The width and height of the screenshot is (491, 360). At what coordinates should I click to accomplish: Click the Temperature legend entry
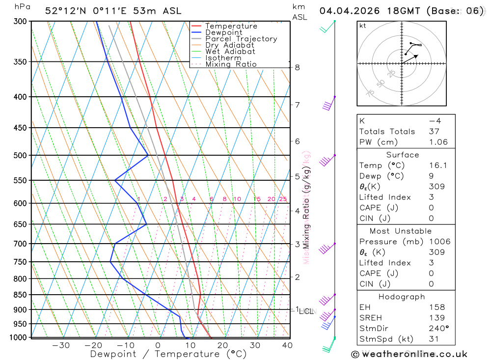pyautogui.click(x=231, y=26)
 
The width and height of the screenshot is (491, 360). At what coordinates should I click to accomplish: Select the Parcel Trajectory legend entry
pyautogui.click(x=241, y=39)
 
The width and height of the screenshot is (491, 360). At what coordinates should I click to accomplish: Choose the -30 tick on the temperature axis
pyautogui.click(x=60, y=345)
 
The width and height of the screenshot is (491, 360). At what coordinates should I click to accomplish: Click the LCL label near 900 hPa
pyautogui.click(x=306, y=311)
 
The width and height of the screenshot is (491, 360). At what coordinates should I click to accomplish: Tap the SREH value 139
pyautogui.click(x=436, y=318)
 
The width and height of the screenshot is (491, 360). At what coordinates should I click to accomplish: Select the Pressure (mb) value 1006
pyautogui.click(x=439, y=242)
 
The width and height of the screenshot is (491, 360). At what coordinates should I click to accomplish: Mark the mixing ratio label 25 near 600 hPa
pyautogui.click(x=283, y=199)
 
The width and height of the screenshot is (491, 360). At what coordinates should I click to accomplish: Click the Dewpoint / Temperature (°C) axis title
pyautogui.click(x=168, y=354)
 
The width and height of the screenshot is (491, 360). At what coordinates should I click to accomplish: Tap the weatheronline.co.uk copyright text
pyautogui.click(x=409, y=354)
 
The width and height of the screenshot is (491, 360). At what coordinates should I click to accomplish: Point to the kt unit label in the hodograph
pyautogui.click(x=363, y=26)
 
